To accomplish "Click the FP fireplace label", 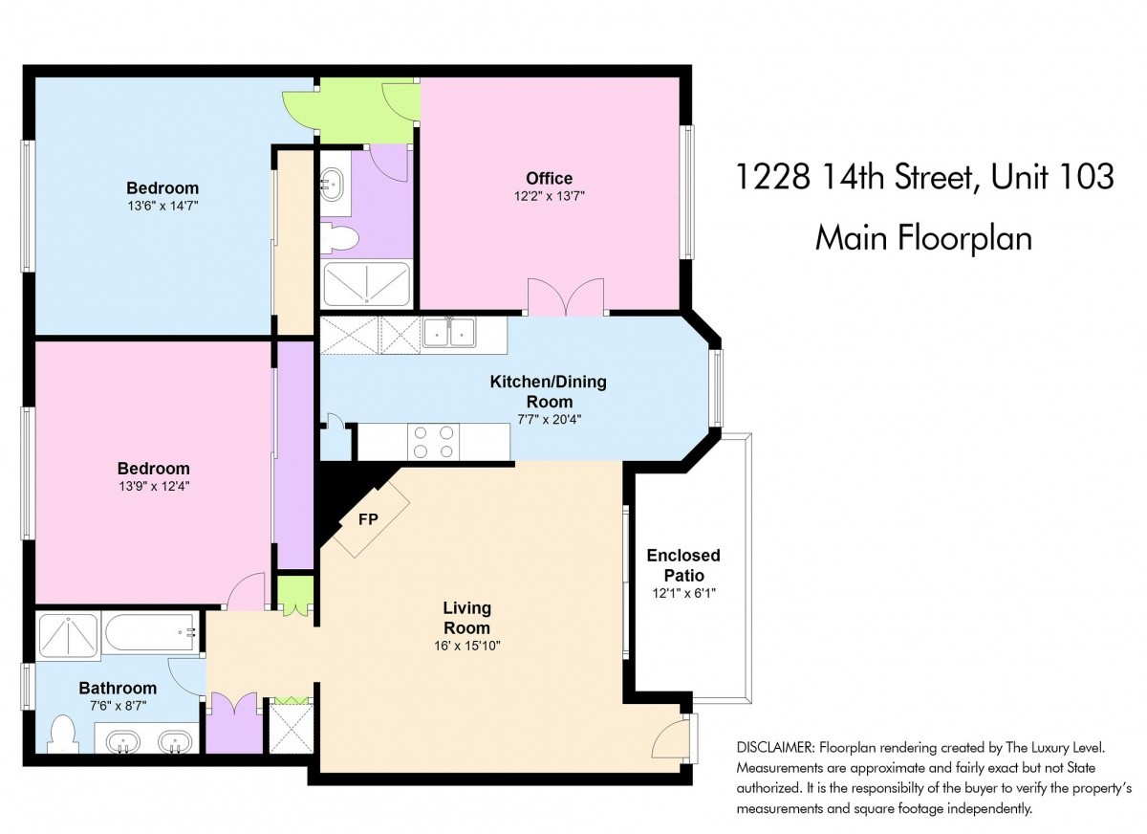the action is click(x=368, y=519).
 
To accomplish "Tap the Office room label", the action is click(x=549, y=178).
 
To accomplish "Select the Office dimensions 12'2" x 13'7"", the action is click(x=550, y=196).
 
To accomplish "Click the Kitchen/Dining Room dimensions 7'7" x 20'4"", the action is click(x=550, y=420).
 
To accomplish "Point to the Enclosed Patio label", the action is click(x=683, y=565).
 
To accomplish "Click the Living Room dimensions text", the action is click(x=466, y=646).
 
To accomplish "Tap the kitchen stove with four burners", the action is click(x=434, y=442).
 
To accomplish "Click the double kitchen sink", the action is click(x=449, y=332).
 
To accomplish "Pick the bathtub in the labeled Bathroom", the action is click(x=151, y=633).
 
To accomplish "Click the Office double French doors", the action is click(x=566, y=297).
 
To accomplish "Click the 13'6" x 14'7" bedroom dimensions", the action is click(x=162, y=206).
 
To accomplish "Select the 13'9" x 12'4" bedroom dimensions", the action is click(x=154, y=486).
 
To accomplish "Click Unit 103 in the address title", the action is click(x=1052, y=177).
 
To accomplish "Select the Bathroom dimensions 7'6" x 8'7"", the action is click(x=119, y=707).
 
